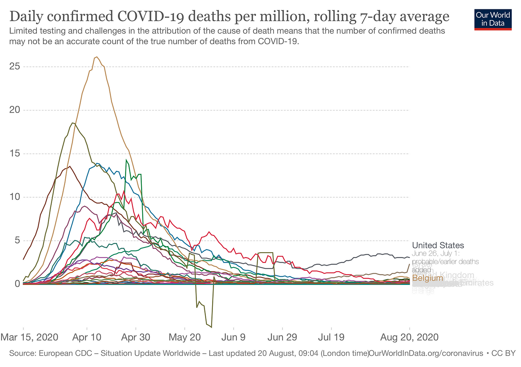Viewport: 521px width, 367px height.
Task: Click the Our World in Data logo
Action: [x=493, y=19]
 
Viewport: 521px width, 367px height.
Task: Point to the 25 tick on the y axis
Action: [x=15, y=67]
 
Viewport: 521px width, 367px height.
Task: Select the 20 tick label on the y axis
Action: [x=15, y=110]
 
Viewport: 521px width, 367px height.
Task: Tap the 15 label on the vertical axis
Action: [x=15, y=154]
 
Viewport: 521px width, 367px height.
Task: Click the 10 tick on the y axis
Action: [x=15, y=197]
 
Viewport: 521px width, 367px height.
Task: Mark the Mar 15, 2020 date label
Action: [x=30, y=337]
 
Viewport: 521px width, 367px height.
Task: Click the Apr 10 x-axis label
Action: [x=87, y=337]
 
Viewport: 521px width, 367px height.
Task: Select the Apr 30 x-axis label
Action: [x=136, y=337]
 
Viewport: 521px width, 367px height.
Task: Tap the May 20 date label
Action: [x=185, y=337]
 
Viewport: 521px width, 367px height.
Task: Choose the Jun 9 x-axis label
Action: [x=234, y=337]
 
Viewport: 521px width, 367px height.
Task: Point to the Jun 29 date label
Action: [x=282, y=337]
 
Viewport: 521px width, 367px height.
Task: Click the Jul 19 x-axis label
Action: [x=331, y=337]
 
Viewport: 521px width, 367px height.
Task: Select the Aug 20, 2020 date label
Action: [x=409, y=337]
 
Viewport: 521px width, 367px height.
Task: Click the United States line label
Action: [x=438, y=245]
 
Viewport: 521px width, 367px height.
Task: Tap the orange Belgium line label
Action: [x=428, y=278]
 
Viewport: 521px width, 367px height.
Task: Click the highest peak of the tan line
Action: [x=97, y=57]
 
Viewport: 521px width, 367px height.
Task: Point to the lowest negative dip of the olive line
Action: [x=211, y=327]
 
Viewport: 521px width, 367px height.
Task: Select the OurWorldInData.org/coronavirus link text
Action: [x=426, y=353]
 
